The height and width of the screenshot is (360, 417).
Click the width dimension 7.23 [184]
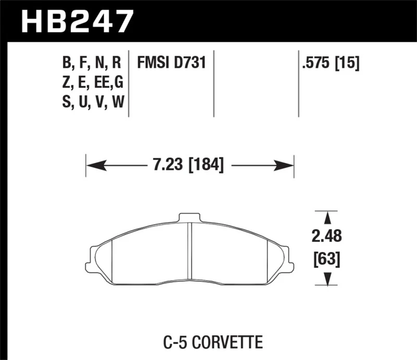189,166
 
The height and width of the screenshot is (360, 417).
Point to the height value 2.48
327,237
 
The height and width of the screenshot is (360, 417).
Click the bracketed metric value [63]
327,258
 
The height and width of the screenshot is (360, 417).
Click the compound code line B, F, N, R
91,64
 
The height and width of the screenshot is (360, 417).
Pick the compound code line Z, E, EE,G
92,83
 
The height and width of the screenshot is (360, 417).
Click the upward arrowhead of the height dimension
327,217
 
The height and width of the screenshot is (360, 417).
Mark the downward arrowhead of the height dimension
327,281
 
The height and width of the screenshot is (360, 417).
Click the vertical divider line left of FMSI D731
129,83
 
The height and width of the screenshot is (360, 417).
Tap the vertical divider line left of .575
298,83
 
